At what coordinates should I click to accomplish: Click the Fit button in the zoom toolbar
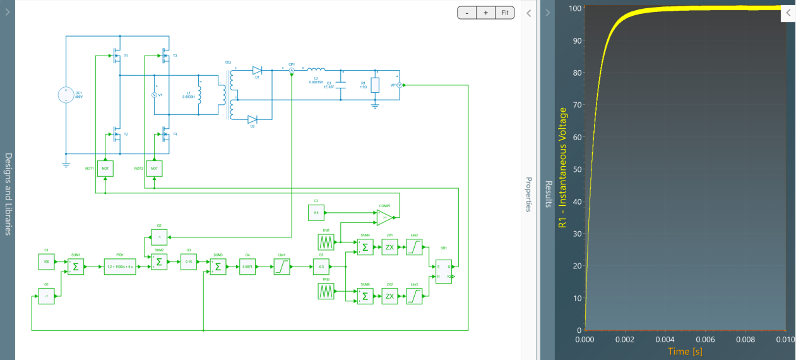505,13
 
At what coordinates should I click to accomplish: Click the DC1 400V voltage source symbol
66,95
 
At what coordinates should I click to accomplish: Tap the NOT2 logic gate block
155,169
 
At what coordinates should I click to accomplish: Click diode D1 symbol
257,71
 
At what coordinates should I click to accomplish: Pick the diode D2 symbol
252,119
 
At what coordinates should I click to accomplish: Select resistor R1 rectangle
375,85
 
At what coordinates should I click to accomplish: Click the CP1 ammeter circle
292,71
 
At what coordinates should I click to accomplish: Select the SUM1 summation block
75,267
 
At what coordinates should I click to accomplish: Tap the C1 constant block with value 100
47,261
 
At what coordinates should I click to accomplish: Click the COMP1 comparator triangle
385,217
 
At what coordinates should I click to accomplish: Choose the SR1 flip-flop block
444,272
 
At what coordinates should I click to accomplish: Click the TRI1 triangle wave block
326,242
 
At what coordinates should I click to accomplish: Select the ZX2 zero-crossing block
389,296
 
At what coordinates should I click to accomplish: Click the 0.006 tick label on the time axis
705,339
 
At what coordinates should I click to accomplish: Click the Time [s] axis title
686,351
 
